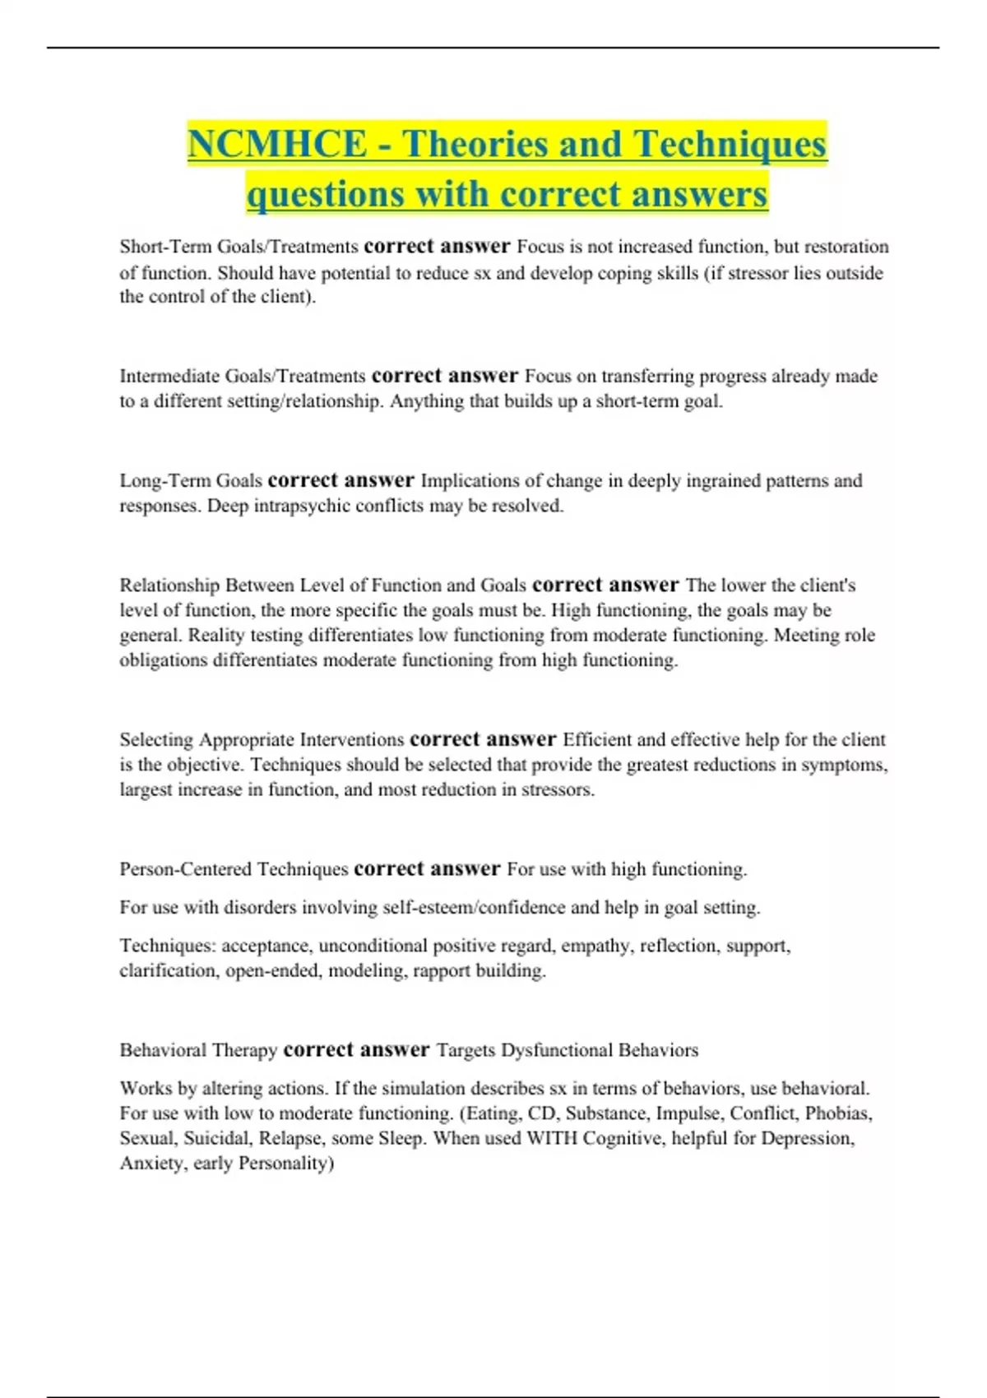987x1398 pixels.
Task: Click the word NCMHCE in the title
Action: point(277,145)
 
